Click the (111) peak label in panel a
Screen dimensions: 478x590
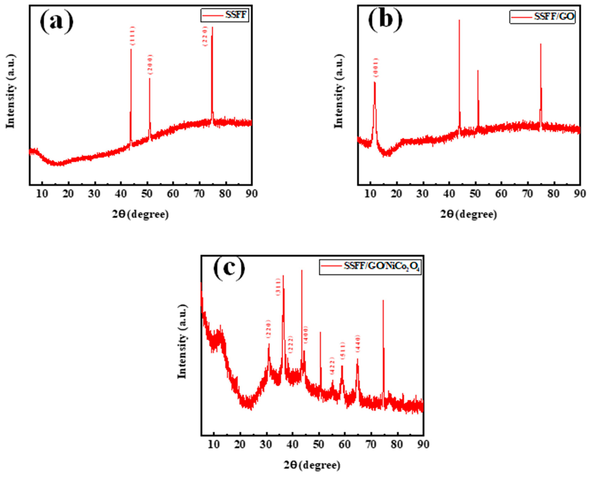[x=132, y=36]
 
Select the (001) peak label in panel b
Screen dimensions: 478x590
[x=375, y=68]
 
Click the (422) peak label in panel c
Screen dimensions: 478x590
[x=332, y=366]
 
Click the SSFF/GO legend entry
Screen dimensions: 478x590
[x=542, y=17]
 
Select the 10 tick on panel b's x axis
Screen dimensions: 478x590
[x=370, y=194]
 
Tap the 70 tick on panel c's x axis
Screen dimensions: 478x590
[x=371, y=444]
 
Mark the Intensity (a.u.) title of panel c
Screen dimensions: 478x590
[x=182, y=341]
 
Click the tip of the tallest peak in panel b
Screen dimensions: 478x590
[x=459, y=20]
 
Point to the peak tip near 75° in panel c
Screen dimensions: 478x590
[x=383, y=300]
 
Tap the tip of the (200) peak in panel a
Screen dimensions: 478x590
[x=149, y=78]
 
